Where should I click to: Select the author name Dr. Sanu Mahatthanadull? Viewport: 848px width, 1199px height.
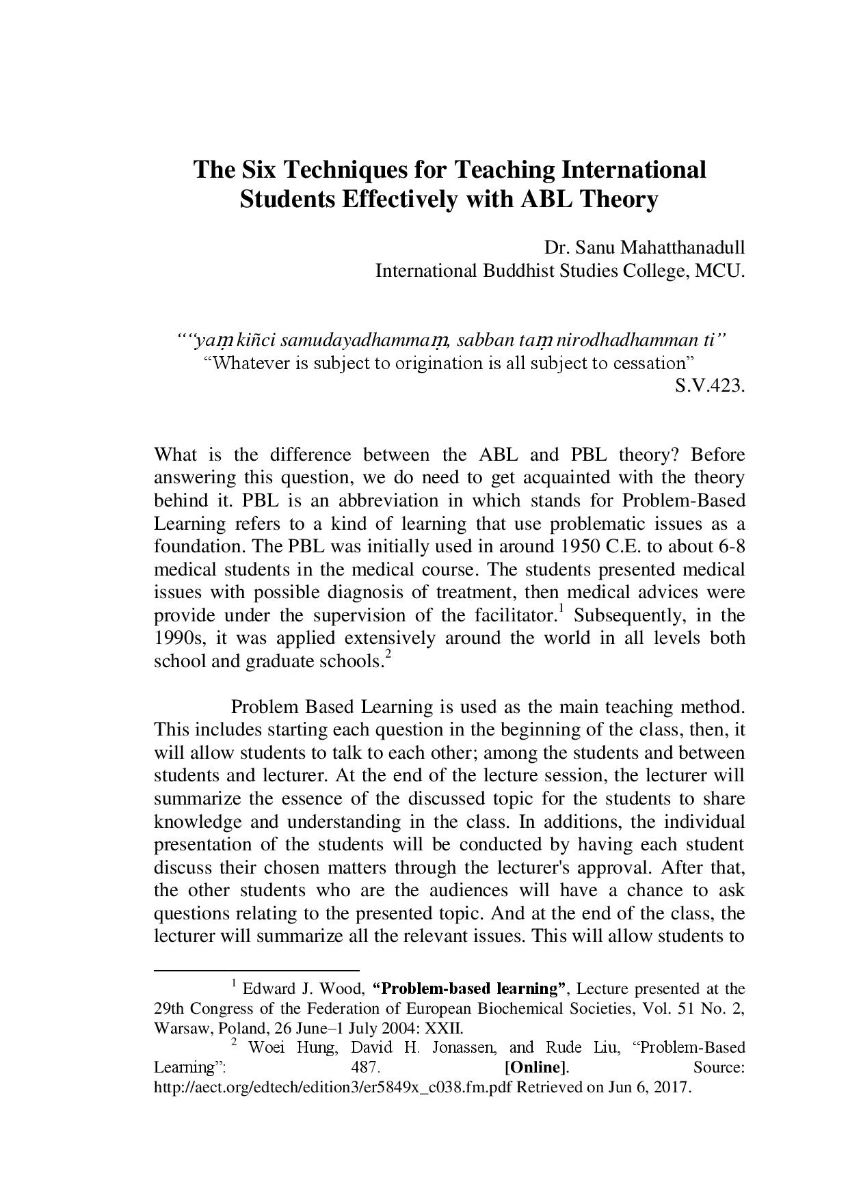[644, 247]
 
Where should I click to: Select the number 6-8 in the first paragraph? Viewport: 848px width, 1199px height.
[731, 546]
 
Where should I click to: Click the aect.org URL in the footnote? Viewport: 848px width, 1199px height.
[334, 1087]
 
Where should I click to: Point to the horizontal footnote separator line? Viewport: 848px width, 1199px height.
[257, 969]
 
